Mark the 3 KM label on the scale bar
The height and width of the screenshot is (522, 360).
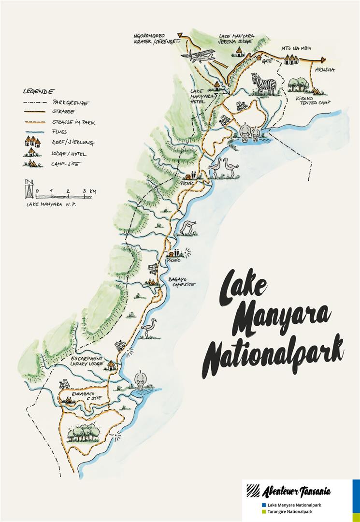[x=89, y=191]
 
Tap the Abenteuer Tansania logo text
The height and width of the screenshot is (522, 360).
[x=295, y=492]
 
